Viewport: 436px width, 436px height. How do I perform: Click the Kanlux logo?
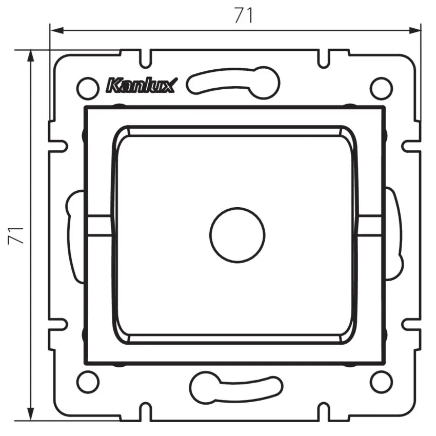tap(140, 85)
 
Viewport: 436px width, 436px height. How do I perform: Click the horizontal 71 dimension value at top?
tap(243, 16)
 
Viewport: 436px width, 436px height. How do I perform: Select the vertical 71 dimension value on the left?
tap(16, 234)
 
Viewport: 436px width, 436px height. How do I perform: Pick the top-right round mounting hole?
tap(381, 88)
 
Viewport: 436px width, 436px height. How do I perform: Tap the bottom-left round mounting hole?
tap(88, 382)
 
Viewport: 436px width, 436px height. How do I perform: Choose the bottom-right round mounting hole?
tap(381, 382)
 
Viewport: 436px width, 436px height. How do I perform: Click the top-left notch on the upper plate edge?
tap(147, 58)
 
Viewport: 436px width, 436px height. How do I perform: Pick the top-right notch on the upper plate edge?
tap(323, 58)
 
